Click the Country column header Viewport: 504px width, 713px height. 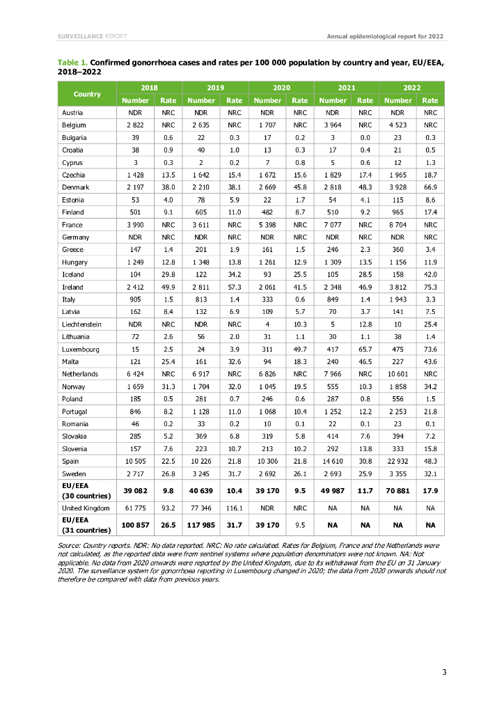(87, 94)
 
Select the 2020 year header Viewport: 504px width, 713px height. (281, 88)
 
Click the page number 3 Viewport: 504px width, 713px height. (444, 672)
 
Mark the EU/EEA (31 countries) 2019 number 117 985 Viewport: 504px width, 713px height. (201, 525)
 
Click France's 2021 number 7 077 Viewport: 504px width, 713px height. (333, 225)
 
